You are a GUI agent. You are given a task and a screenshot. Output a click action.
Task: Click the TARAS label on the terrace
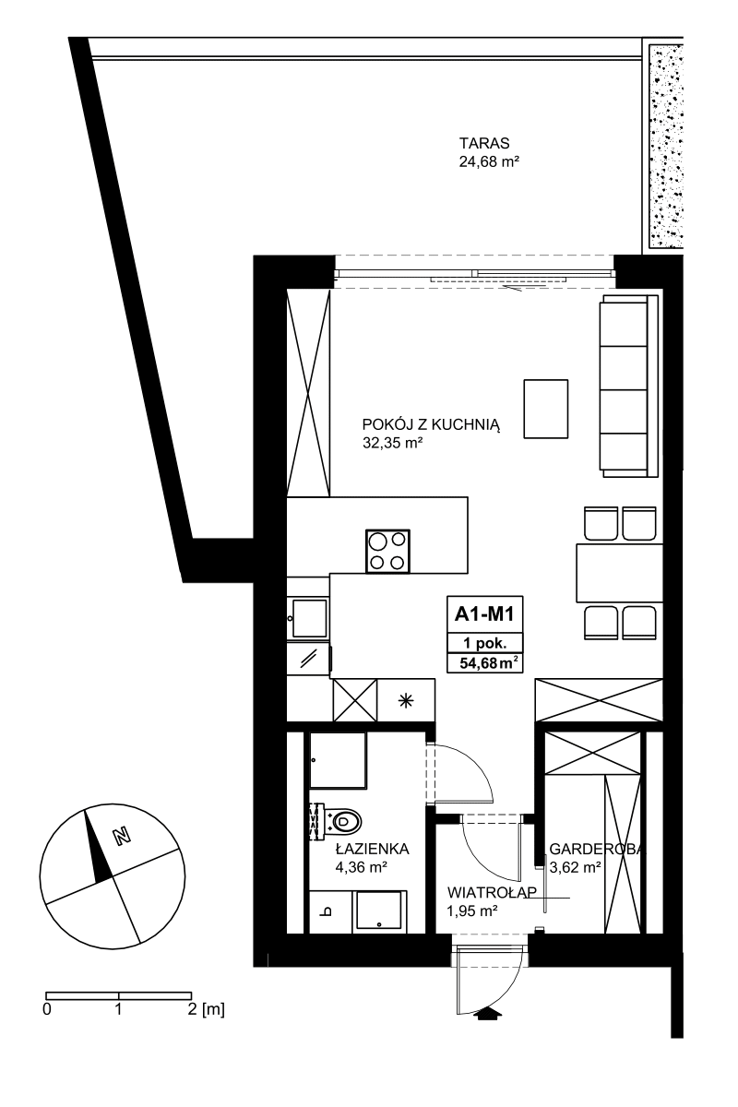point(484,143)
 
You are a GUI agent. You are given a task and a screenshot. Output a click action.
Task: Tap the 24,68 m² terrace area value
point(489,161)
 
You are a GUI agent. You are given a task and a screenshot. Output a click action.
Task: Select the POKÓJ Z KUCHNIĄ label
point(431,425)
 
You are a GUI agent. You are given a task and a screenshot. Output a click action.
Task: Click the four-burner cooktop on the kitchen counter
point(387,551)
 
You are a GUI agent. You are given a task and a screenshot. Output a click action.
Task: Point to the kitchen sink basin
point(310,618)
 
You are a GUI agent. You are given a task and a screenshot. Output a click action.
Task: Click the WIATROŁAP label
point(492,893)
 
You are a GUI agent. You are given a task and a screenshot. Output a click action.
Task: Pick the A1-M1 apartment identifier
point(484,614)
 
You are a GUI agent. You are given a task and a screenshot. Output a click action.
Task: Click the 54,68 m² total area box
point(484,662)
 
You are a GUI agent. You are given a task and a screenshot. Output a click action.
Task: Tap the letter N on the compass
point(122,836)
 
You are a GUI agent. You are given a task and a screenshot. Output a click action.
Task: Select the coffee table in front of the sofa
point(546,409)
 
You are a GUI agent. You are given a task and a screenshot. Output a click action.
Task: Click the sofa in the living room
point(628,386)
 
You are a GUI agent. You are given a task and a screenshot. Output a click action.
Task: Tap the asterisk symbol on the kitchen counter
point(406,700)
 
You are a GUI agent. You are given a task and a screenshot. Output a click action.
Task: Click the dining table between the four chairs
point(619,573)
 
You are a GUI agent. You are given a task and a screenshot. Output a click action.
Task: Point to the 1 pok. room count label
point(484,643)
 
